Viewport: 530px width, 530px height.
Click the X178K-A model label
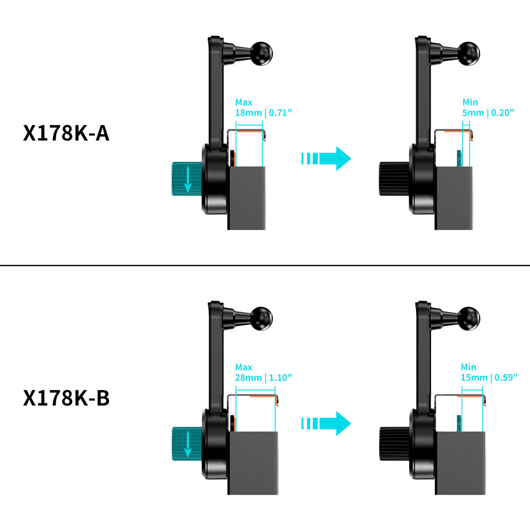pyautogui.click(x=66, y=133)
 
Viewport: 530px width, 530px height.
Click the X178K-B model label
pyautogui.click(x=66, y=398)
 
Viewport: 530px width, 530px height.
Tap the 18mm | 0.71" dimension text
pyautogui.click(x=263, y=112)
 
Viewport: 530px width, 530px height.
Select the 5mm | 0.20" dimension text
pyautogui.click(x=488, y=112)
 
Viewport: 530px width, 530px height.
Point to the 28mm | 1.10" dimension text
pyautogui.click(x=263, y=377)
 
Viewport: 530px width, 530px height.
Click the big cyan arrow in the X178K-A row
pyautogui.click(x=326, y=158)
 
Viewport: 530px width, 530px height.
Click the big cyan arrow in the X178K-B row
pyautogui.click(x=326, y=423)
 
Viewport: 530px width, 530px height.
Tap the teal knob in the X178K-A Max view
pyautogui.click(x=185, y=179)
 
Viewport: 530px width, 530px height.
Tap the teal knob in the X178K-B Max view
pyautogui.click(x=185, y=444)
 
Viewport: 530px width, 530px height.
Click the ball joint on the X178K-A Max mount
pyautogui.click(x=262, y=52)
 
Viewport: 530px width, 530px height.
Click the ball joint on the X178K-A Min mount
pyautogui.click(x=470, y=52)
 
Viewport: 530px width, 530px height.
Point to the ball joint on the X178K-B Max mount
pyautogui.click(x=262, y=317)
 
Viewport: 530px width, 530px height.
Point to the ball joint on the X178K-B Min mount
pyautogui.click(x=470, y=317)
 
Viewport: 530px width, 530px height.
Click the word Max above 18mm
pyautogui.click(x=244, y=102)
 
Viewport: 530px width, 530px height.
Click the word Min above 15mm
pyautogui.click(x=469, y=367)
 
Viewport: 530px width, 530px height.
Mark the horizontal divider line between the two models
pyautogui.click(x=265, y=265)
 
